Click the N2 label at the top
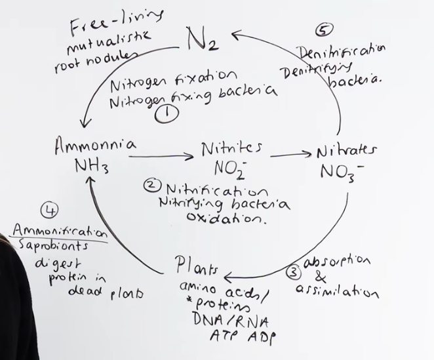(x=203, y=39)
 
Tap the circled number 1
(x=167, y=114)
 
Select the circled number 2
(x=151, y=186)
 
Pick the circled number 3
(x=294, y=273)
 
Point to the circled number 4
(x=50, y=210)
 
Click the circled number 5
(x=324, y=30)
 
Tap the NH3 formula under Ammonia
(x=92, y=167)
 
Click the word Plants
(x=196, y=266)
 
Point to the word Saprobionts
(x=53, y=246)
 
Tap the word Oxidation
(x=226, y=218)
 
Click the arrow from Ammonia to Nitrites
(x=161, y=157)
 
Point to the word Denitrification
(x=341, y=51)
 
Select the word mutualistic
(x=109, y=42)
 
